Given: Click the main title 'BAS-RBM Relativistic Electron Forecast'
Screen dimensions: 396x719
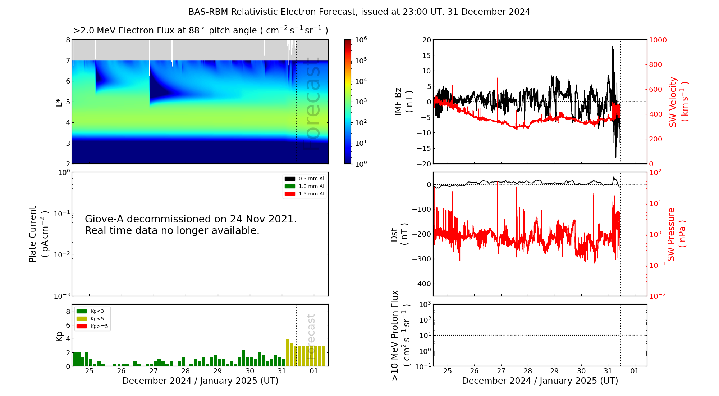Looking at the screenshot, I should point(272,12).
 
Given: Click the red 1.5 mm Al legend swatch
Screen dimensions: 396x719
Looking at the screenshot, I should point(290,194).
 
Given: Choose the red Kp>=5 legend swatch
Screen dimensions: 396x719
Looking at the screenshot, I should point(82,327).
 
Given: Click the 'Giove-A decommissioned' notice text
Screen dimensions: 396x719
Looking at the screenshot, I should point(191,225).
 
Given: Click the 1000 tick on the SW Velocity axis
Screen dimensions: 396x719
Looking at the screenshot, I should point(658,40).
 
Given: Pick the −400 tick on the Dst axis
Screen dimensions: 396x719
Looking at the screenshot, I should point(421,284).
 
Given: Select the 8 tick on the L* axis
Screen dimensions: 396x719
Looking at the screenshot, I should point(68,40).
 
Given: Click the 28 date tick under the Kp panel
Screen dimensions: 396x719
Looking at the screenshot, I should point(186,371).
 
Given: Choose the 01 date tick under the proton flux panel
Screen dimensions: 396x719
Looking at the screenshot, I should point(635,371).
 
